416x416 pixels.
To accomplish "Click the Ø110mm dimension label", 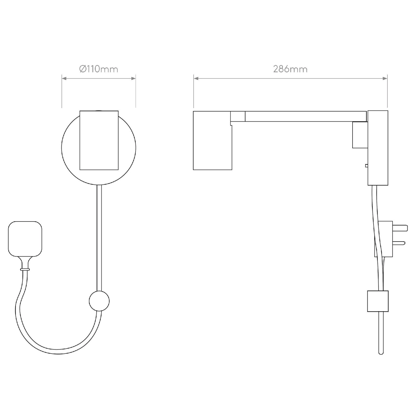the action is [99, 69].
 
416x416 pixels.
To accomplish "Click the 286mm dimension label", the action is [290, 69].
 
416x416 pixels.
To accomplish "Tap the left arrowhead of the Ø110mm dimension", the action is [64, 78].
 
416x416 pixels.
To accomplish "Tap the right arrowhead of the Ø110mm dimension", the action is [133, 78].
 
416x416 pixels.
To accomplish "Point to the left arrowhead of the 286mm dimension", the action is [196, 78].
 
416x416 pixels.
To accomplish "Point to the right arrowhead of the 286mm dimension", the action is [385, 78].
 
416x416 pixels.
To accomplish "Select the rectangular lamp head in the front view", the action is [99, 140].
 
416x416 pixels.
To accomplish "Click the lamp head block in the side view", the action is [212, 140].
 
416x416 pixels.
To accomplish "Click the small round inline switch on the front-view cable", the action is [99, 301].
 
